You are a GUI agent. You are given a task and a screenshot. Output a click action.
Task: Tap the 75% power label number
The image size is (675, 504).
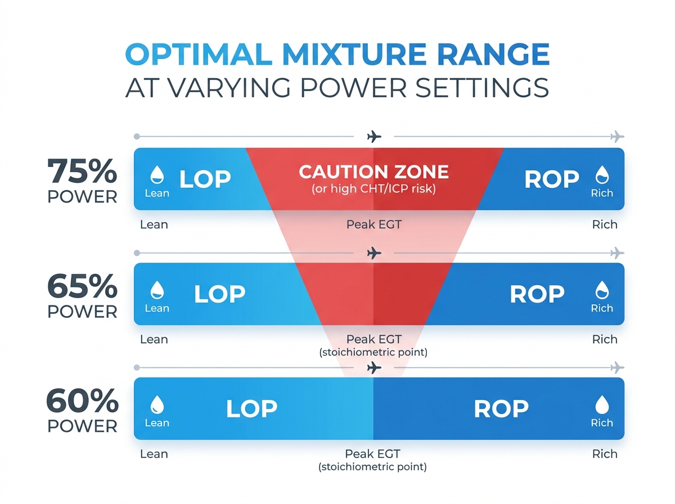(82, 172)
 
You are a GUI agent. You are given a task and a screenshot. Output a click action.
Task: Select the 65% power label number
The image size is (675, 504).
(82, 287)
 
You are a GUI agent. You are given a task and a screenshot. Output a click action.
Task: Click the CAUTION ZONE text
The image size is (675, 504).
(373, 172)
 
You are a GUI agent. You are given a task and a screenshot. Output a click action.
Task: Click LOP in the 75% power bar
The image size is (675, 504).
(205, 179)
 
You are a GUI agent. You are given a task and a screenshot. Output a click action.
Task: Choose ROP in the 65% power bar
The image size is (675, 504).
(537, 294)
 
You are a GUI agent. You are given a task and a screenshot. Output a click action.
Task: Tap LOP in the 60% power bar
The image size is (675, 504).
(251, 409)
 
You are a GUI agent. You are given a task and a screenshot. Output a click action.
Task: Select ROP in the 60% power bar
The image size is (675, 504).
(501, 409)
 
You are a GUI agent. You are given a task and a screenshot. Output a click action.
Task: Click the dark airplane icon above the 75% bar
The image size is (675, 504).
(373, 137)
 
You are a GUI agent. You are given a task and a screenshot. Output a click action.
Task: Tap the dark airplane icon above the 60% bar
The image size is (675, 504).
(373, 368)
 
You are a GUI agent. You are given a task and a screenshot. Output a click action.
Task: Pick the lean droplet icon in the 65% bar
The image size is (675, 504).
(157, 290)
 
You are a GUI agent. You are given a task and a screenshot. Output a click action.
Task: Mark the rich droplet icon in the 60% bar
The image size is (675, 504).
(602, 404)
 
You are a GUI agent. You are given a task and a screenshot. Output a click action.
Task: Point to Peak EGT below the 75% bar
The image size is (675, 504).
(373, 224)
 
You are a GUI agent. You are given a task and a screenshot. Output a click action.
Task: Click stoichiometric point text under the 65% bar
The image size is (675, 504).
(373, 353)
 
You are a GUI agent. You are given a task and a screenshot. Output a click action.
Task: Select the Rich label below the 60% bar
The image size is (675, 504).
(605, 454)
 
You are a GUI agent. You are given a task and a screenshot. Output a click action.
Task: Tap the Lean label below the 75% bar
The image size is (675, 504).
(154, 224)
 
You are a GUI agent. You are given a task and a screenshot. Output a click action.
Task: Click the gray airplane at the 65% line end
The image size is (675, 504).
(617, 252)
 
